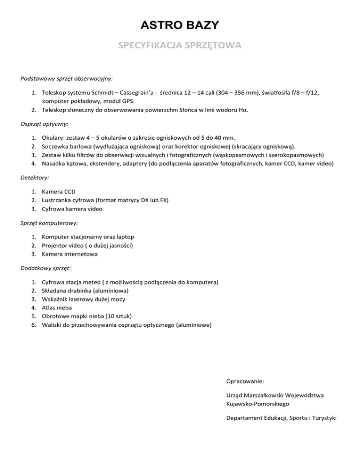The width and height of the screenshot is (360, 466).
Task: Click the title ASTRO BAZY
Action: click(x=180, y=24)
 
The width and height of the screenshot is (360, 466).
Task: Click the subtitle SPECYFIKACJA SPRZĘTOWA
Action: click(x=180, y=46)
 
